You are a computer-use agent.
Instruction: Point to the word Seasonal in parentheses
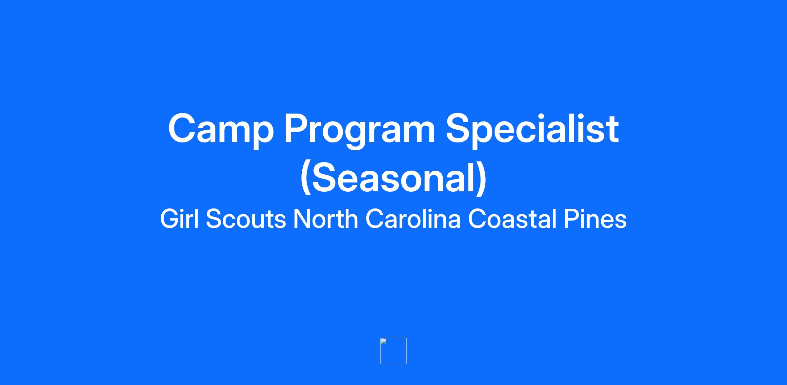pyautogui.click(x=393, y=178)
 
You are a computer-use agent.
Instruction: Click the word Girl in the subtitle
pyautogui.click(x=179, y=219)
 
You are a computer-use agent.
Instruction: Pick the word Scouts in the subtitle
pyautogui.click(x=246, y=219)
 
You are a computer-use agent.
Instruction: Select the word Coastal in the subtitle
pyautogui.click(x=512, y=219)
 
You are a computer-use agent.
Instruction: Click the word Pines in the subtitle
pyautogui.click(x=595, y=219)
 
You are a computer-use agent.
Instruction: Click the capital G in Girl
pyautogui.click(x=170, y=219)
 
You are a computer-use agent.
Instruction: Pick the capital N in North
pyautogui.click(x=302, y=219)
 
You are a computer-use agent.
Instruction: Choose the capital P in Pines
pyautogui.click(x=572, y=219)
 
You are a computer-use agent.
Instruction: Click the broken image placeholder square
pyautogui.click(x=393, y=351)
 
